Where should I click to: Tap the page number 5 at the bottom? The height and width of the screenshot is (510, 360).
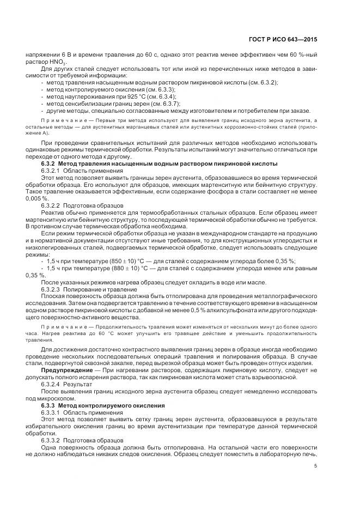tap(315, 465)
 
